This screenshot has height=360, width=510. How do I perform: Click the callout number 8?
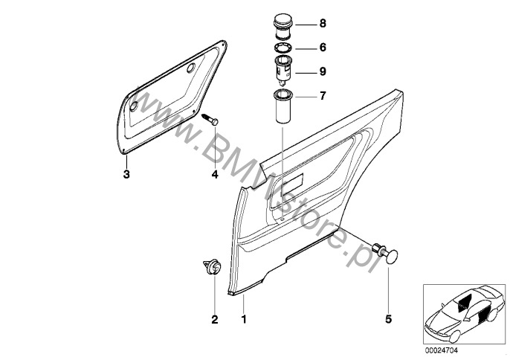click(x=323, y=24)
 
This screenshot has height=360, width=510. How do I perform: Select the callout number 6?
click(x=323, y=48)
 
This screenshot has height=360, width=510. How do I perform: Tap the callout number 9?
click(x=323, y=71)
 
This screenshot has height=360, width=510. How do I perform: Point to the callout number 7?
click(x=323, y=96)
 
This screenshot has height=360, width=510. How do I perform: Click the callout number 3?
click(x=126, y=174)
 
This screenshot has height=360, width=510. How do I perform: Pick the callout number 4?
click(x=215, y=175)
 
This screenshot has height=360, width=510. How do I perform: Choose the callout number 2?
click(x=215, y=319)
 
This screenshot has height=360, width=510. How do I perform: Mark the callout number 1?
click(x=244, y=319)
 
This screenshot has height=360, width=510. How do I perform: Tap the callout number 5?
click(x=389, y=319)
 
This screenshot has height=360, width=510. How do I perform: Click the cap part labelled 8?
click(x=283, y=25)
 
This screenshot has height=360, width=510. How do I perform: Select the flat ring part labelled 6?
click(x=283, y=48)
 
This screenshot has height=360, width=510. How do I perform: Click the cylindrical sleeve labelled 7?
click(x=283, y=106)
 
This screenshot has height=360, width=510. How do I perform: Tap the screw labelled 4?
click(x=210, y=120)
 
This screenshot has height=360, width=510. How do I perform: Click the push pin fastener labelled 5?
click(x=387, y=252)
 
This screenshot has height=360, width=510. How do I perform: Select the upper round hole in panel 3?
click(x=191, y=68)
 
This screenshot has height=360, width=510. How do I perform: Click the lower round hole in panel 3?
click(x=134, y=106)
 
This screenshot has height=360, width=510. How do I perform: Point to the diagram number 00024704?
click(x=442, y=350)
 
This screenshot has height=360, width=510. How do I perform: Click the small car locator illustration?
click(x=464, y=313)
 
